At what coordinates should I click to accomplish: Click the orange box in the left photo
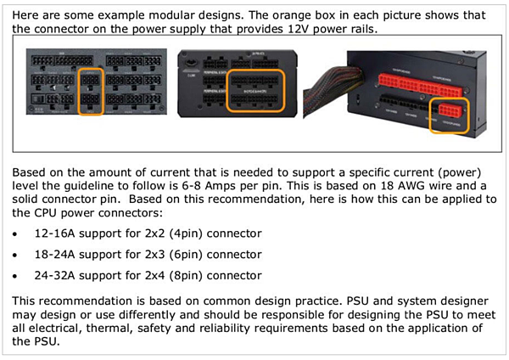coord(91,92)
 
